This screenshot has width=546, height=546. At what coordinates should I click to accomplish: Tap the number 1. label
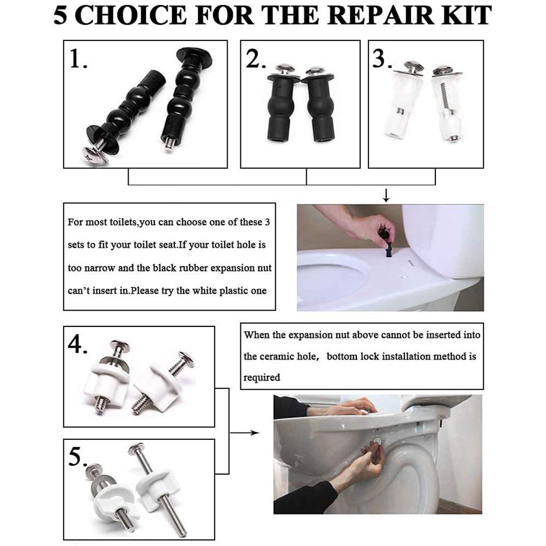point(78,58)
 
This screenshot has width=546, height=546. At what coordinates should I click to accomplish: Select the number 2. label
point(256,58)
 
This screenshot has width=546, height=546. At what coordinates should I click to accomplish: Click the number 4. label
point(77,345)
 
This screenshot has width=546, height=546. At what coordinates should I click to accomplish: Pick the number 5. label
point(77,457)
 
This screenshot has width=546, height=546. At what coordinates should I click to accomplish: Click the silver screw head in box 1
point(95,156)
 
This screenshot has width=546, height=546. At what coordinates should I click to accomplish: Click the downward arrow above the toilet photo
point(386,196)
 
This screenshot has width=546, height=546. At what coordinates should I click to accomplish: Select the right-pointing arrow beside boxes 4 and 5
point(245,433)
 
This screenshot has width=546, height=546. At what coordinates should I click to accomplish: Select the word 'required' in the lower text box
point(262,378)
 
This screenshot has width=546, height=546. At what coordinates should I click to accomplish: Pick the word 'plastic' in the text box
point(234,291)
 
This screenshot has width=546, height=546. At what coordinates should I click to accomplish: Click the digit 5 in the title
point(60,16)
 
